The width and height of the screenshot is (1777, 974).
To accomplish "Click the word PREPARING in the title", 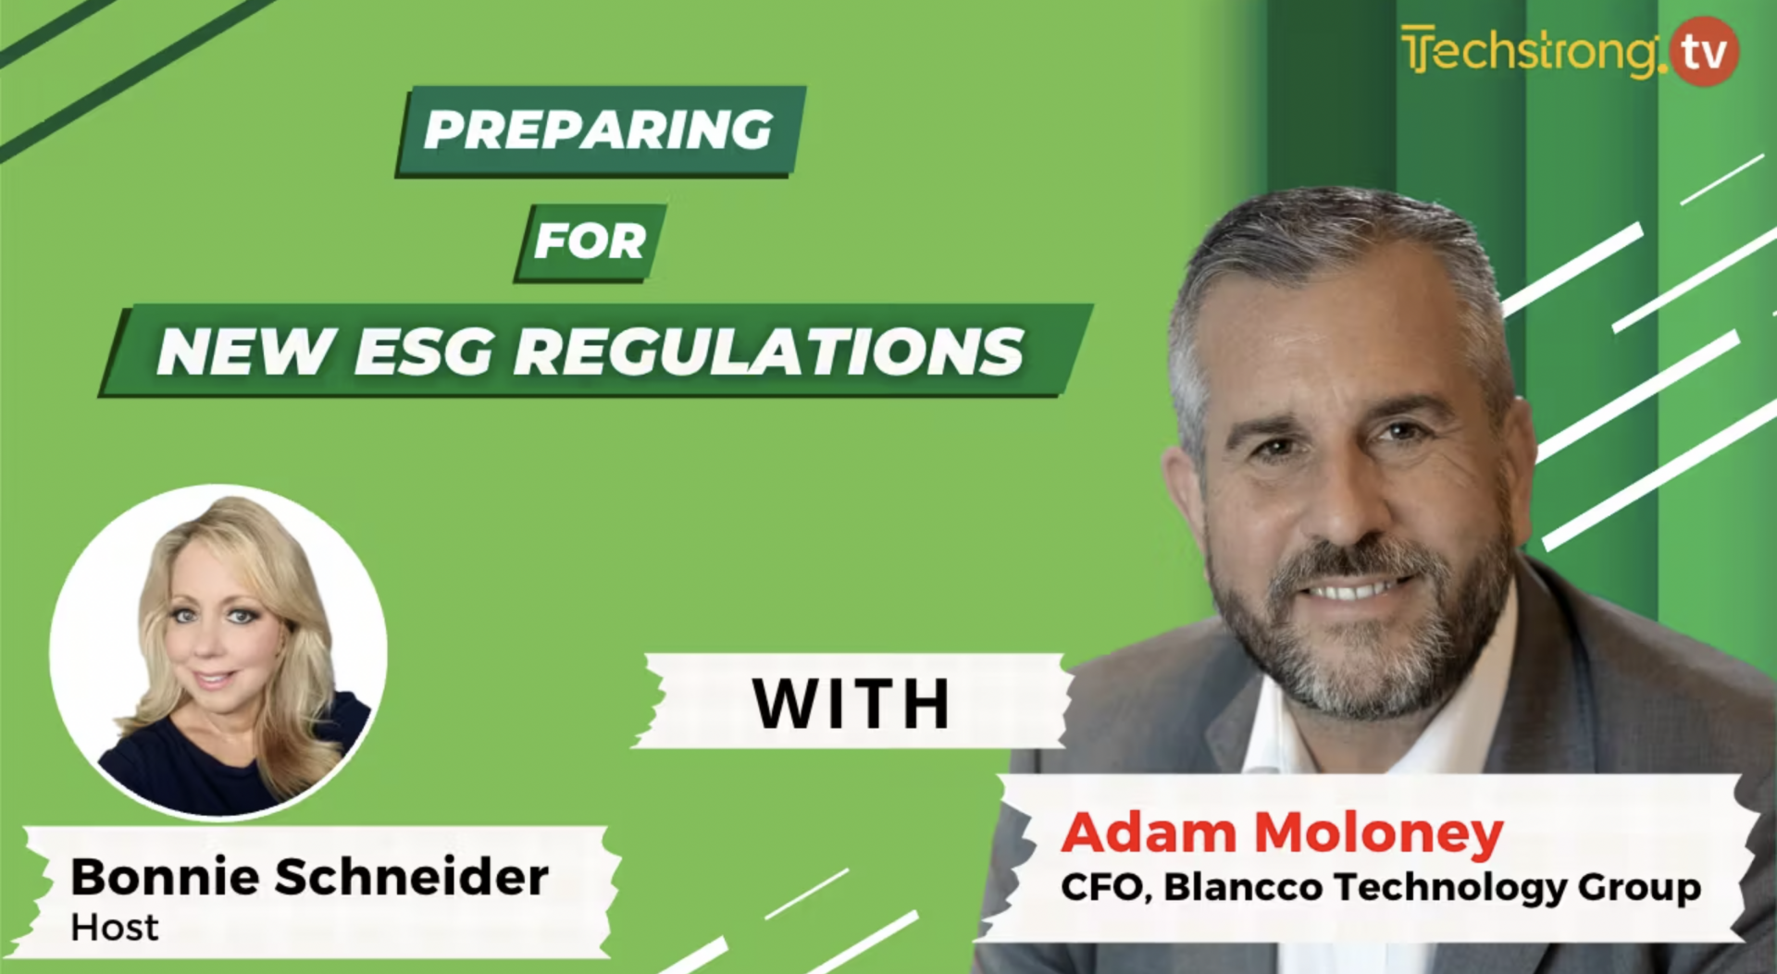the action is (598, 129).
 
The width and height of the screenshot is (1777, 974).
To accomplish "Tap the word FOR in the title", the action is (590, 241).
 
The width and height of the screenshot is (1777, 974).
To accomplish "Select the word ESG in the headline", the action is (423, 351).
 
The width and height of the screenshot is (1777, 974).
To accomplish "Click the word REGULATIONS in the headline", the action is (769, 351).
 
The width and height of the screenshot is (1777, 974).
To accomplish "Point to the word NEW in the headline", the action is (245, 351).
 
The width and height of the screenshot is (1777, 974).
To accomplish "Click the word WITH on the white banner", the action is (851, 704).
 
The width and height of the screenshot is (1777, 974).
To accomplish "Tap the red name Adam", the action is (1148, 832).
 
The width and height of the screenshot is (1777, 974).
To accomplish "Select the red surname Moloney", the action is (1379, 832).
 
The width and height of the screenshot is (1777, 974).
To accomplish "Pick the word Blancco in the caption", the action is (1243, 887).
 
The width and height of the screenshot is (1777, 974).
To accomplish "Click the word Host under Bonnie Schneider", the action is (114, 928).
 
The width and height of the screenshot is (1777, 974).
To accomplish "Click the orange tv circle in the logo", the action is (1704, 52).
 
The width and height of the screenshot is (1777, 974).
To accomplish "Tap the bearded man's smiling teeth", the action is (1353, 587).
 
